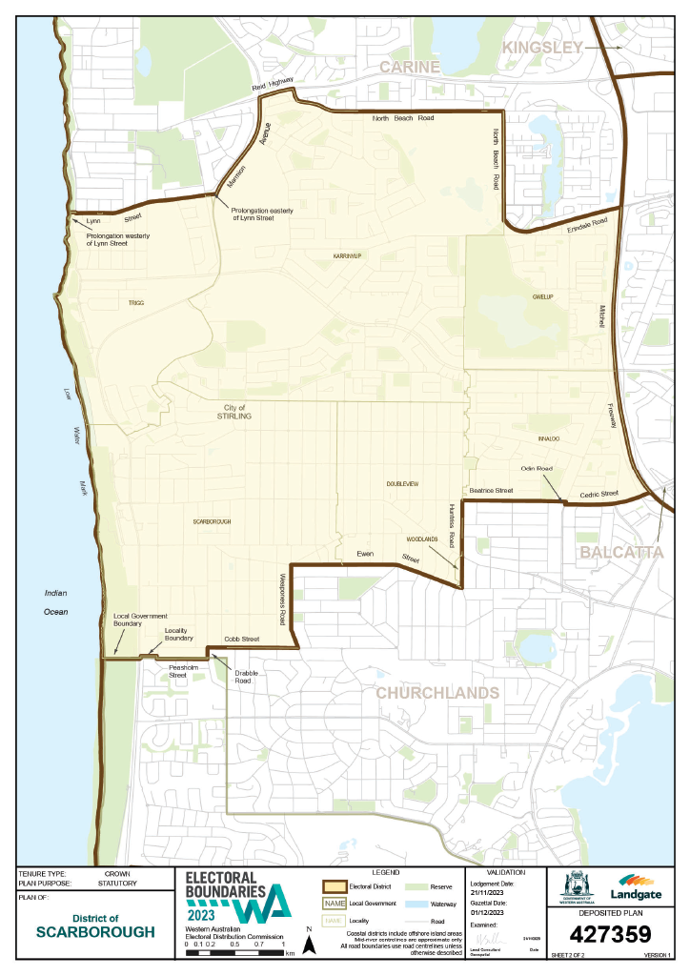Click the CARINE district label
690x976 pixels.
pos(411,67)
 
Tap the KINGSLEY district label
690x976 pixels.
pos(542,47)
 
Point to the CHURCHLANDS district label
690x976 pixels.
pos(437,692)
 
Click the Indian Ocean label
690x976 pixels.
pos(56,602)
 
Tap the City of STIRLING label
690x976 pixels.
pos(233,411)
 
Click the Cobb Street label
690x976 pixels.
pos(242,639)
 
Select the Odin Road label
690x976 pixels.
pos(537,469)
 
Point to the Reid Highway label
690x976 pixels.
pos(274,85)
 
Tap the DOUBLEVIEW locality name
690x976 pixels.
pos(402,484)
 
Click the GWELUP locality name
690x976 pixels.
pos(542,297)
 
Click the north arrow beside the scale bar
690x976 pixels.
pos(309,942)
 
